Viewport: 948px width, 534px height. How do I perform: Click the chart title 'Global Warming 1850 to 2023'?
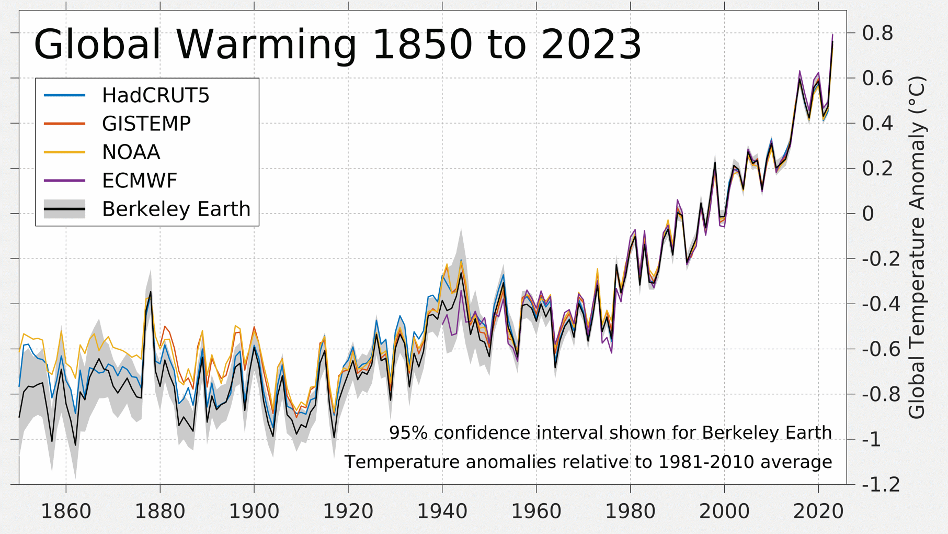337,44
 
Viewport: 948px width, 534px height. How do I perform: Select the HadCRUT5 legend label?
155,95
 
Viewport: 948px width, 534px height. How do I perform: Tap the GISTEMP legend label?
146,124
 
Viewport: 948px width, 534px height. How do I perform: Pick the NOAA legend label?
131,152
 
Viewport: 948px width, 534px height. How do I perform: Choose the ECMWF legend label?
139,181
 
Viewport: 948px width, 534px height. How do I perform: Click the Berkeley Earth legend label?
176,209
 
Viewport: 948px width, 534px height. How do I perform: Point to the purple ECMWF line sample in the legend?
64,181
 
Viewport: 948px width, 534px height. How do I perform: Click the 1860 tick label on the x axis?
66,511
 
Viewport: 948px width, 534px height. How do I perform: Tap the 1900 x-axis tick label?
254,511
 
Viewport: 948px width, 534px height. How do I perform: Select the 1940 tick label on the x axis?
442,511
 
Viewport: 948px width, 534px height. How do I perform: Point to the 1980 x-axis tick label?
630,511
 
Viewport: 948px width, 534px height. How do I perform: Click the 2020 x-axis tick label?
818,511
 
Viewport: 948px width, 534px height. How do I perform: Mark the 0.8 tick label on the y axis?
877,33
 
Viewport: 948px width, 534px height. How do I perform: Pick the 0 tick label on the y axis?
868,214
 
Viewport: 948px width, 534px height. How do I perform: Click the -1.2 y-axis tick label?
881,484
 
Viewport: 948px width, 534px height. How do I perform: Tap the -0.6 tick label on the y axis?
881,349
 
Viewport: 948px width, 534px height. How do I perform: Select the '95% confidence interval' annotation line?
610,433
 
